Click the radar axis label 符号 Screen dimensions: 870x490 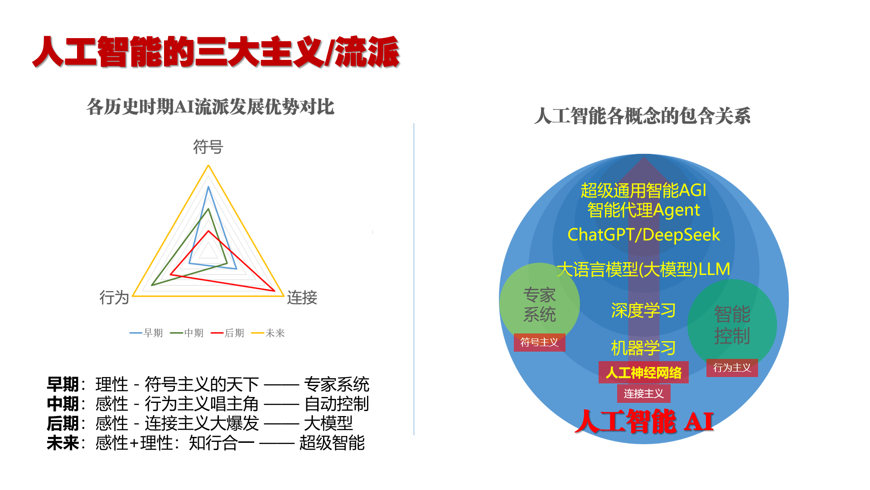(x=208, y=147)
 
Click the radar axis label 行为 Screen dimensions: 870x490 (x=114, y=298)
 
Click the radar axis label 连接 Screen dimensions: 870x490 (x=302, y=298)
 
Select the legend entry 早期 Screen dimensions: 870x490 (x=146, y=333)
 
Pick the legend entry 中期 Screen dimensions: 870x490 (x=187, y=333)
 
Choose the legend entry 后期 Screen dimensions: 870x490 (x=227, y=333)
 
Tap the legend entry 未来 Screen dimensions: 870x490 (x=268, y=333)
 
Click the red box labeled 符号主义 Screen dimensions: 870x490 (x=539, y=343)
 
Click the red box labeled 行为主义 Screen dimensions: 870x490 (x=732, y=368)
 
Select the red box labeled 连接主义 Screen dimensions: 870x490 (x=643, y=393)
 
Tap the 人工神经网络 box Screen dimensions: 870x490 (x=643, y=372)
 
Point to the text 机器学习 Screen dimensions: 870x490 (x=643, y=348)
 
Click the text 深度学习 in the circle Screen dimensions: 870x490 (x=643, y=311)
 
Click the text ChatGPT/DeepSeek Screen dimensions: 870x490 (x=643, y=235)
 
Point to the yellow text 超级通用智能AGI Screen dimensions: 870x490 (x=643, y=191)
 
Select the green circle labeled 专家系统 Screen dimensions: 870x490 (x=539, y=303)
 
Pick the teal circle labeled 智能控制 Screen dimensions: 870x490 (x=732, y=324)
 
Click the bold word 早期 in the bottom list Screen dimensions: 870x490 (x=63, y=384)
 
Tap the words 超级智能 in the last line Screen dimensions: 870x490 (x=332, y=443)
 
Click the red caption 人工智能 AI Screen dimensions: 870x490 (x=644, y=421)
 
